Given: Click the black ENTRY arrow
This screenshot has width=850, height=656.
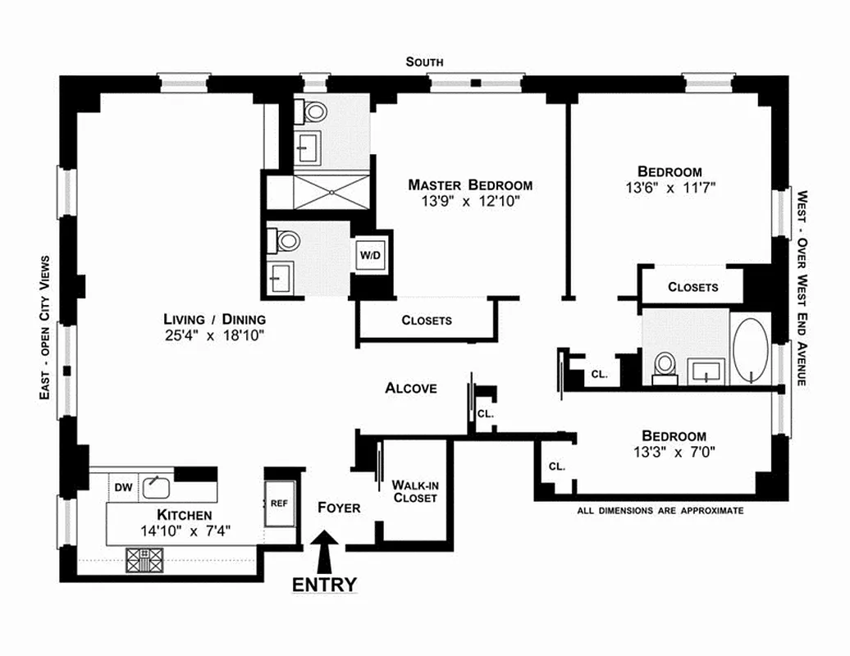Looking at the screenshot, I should click(326, 550).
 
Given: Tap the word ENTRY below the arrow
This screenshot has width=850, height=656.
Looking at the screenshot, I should click(325, 585).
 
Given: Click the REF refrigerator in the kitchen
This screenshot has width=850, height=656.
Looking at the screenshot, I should click(279, 503).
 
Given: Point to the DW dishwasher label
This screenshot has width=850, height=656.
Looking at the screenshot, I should click(123, 488).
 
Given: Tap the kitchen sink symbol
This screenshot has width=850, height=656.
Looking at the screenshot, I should click(156, 487).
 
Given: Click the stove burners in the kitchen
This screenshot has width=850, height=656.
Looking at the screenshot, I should click(144, 559).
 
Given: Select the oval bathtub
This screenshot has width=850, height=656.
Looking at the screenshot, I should click(749, 351).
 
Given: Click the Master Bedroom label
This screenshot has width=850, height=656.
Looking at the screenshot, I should click(470, 185).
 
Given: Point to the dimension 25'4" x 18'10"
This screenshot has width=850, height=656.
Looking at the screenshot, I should click(214, 335).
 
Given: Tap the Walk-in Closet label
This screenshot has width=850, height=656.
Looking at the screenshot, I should click(414, 491).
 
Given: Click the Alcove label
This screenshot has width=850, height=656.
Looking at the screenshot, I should click(411, 388).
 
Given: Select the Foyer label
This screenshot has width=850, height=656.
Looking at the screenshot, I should click(339, 508).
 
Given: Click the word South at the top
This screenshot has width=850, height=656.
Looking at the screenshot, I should click(424, 62).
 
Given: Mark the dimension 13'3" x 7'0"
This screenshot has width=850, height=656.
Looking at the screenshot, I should click(674, 452).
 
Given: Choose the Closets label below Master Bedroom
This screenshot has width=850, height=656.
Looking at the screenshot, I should click(427, 320).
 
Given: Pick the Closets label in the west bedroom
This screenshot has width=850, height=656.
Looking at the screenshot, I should click(693, 287).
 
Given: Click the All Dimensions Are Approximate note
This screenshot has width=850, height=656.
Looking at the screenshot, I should click(660, 510).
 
